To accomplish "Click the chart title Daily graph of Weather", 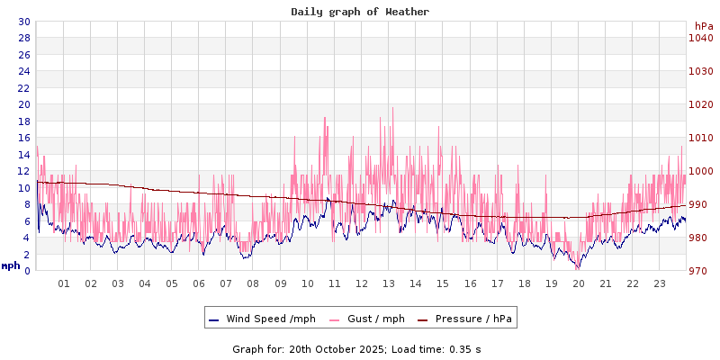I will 360,12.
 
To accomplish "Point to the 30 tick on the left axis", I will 23,22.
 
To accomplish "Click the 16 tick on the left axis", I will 23,138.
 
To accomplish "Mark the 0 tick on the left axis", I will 27,271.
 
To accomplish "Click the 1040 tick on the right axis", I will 701,38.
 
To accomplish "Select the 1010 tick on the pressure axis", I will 701,138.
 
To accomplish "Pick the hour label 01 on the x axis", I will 64,283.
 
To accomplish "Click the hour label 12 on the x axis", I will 362,283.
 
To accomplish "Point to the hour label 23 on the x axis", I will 660,283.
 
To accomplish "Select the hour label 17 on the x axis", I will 497,283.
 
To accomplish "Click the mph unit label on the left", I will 11,265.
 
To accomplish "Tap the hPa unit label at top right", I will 704,26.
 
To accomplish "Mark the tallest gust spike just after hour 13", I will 392,109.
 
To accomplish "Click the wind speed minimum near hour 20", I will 578,267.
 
